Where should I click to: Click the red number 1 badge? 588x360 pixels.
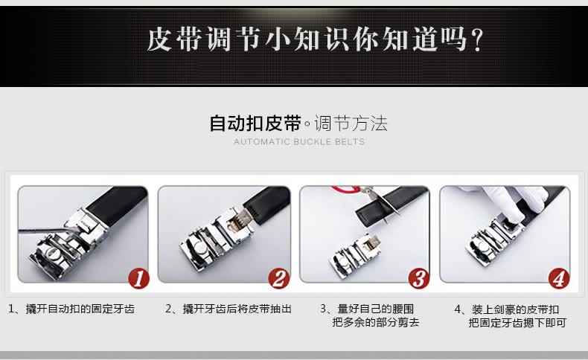click(x=138, y=279)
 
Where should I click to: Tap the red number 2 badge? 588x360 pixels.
click(x=279, y=279)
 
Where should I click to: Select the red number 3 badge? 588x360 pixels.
click(x=419, y=279)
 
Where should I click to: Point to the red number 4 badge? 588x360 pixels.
click(x=559, y=279)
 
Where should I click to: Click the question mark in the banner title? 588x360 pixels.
click(x=477, y=40)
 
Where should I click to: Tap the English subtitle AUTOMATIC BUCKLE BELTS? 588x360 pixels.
click(x=299, y=141)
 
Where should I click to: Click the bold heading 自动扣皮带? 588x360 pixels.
click(x=255, y=123)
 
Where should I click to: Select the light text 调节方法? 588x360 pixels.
click(x=351, y=123)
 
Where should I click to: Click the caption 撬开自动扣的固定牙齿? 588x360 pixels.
click(x=80, y=309)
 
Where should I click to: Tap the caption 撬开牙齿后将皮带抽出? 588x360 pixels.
click(x=237, y=309)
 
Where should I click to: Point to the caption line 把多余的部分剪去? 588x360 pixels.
click(x=375, y=322)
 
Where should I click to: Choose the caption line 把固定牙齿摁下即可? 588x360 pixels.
click(x=517, y=323)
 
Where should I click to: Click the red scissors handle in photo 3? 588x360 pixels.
click(x=345, y=189)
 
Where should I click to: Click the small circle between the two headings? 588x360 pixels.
click(x=307, y=123)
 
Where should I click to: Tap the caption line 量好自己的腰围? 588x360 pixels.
click(x=376, y=309)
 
